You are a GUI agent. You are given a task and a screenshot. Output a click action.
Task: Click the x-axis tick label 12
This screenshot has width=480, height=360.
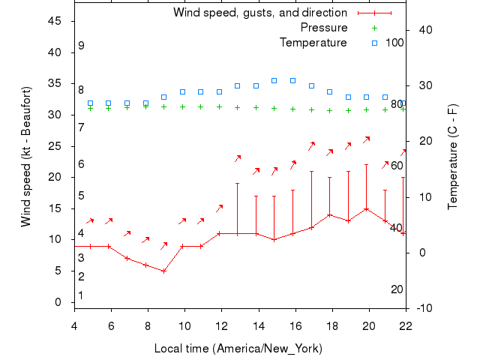point(221,325)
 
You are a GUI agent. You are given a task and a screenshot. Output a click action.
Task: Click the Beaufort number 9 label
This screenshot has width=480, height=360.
point(81,46)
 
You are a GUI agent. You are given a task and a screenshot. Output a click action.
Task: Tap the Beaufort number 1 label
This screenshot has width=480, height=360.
point(81,295)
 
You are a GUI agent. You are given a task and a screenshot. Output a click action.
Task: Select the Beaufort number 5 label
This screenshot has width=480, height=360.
point(81,196)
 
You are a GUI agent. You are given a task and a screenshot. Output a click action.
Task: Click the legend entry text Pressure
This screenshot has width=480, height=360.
point(323,28)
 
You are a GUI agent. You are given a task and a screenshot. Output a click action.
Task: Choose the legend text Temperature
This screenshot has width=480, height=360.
point(313,43)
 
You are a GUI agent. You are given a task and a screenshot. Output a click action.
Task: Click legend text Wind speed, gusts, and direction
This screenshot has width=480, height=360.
point(259,13)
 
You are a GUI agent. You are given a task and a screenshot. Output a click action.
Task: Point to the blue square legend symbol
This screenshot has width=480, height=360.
point(374,43)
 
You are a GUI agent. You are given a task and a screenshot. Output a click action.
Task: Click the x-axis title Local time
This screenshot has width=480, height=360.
point(238,349)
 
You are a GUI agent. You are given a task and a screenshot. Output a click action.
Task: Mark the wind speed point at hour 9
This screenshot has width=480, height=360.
point(163,271)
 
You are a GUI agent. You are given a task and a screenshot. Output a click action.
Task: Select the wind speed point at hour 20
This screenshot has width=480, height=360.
point(367,208)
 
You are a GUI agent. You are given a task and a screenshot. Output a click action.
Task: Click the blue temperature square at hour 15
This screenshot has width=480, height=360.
point(274,80)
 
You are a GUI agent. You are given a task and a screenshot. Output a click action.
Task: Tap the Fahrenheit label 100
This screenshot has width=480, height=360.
point(394,42)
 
